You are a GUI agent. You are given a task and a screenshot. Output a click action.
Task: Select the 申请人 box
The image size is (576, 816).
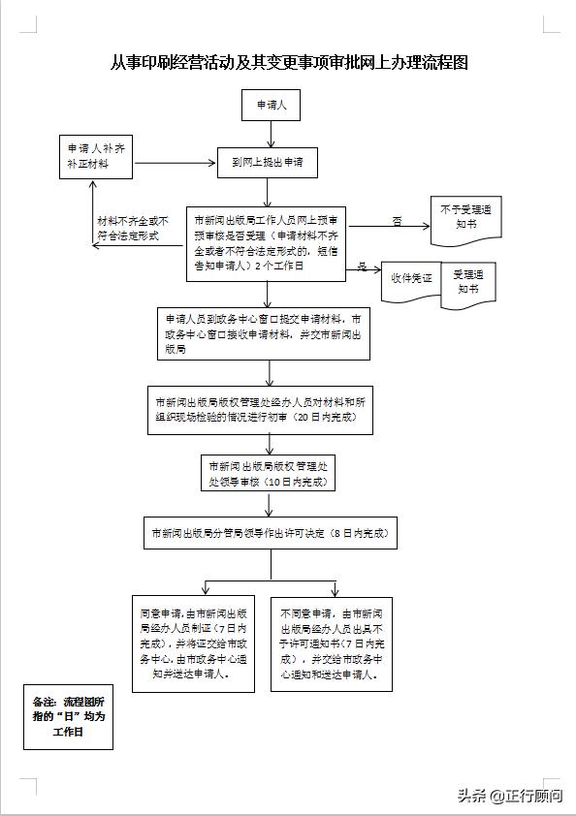(271, 104)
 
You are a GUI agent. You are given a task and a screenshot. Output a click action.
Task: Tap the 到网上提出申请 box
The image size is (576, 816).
(267, 163)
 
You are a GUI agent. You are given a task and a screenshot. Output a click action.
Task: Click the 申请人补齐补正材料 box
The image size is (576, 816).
(95, 157)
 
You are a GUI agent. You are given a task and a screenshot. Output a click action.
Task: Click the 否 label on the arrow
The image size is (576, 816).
(397, 220)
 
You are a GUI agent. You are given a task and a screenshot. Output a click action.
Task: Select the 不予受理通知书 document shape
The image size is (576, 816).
(465, 214)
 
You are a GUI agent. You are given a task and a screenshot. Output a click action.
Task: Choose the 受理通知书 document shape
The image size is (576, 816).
(467, 281)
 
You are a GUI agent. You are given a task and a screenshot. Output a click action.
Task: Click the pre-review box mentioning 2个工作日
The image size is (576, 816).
(267, 242)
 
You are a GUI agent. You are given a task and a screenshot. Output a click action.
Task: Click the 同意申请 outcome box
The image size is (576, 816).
(195, 643)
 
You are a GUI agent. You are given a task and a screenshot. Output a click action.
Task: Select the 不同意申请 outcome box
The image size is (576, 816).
(331, 643)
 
